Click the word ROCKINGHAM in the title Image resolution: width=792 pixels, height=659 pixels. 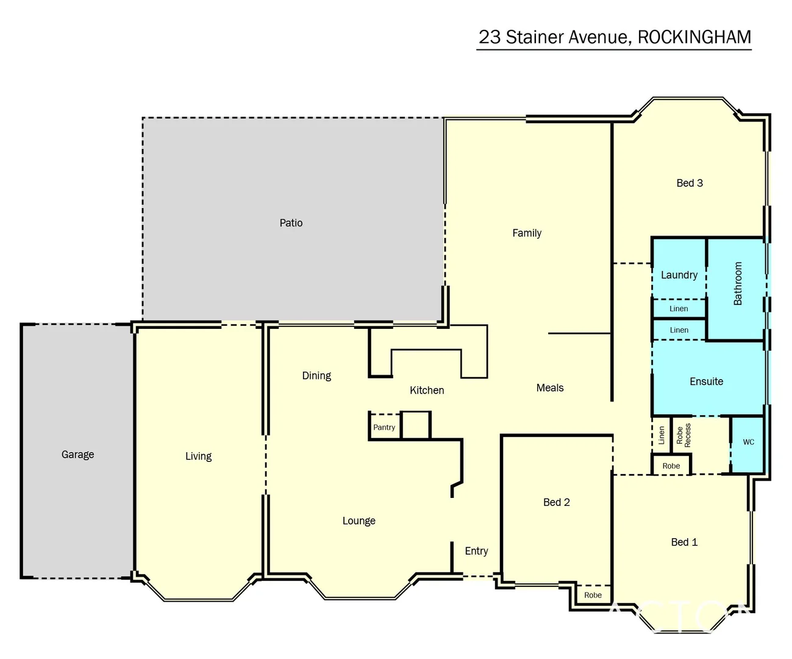694,37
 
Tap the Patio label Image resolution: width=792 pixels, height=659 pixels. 291,223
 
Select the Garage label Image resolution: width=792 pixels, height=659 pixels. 77,455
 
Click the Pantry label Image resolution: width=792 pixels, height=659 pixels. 384,428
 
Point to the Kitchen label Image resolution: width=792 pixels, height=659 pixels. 427,391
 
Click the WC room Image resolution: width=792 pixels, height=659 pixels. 748,442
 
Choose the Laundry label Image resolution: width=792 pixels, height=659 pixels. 679,275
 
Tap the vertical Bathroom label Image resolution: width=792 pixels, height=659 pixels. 738,284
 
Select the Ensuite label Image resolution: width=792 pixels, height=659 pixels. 706,382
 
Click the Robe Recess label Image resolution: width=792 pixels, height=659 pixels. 683,436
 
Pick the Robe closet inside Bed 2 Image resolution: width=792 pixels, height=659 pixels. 593,595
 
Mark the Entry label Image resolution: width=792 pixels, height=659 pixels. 476,551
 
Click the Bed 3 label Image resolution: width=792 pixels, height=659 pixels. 690,183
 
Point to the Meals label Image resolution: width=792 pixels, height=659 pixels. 550,388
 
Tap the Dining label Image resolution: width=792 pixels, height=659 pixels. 316,376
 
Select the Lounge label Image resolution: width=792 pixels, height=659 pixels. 359,521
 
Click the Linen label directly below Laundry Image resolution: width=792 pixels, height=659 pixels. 679,309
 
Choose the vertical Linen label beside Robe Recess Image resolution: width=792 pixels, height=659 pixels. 662,435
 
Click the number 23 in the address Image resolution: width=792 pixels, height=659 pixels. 489,37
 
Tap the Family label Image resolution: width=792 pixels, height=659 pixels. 527,233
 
